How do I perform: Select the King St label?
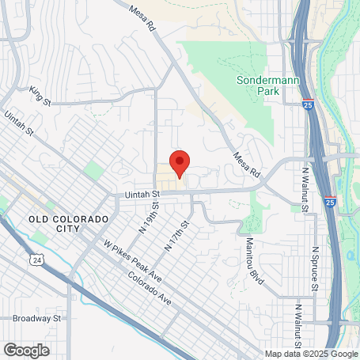point(40,96)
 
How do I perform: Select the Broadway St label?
point(37,318)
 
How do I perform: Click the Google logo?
point(27,349)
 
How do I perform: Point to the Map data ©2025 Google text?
point(311,354)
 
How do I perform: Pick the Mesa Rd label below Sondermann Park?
point(246,162)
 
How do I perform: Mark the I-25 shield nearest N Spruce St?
point(330,202)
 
